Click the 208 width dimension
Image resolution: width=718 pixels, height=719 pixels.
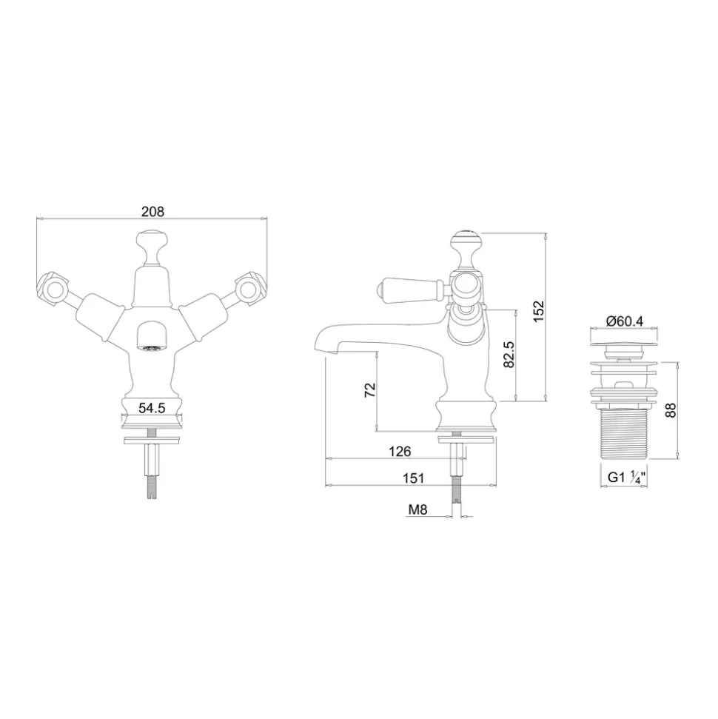(x=152, y=211)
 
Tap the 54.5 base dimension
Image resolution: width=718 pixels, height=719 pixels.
(x=152, y=408)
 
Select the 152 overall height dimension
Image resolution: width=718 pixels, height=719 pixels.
(x=538, y=311)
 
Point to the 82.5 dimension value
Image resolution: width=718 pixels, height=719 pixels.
(x=509, y=355)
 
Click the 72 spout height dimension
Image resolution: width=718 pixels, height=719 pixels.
(x=369, y=389)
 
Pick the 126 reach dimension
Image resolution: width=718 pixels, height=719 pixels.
(x=400, y=451)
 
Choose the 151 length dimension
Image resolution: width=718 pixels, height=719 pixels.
(x=413, y=478)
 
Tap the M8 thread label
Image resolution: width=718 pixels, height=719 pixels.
(x=417, y=509)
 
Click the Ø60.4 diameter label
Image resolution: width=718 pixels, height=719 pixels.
(x=625, y=321)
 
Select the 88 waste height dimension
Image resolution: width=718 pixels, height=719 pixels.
(x=671, y=410)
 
